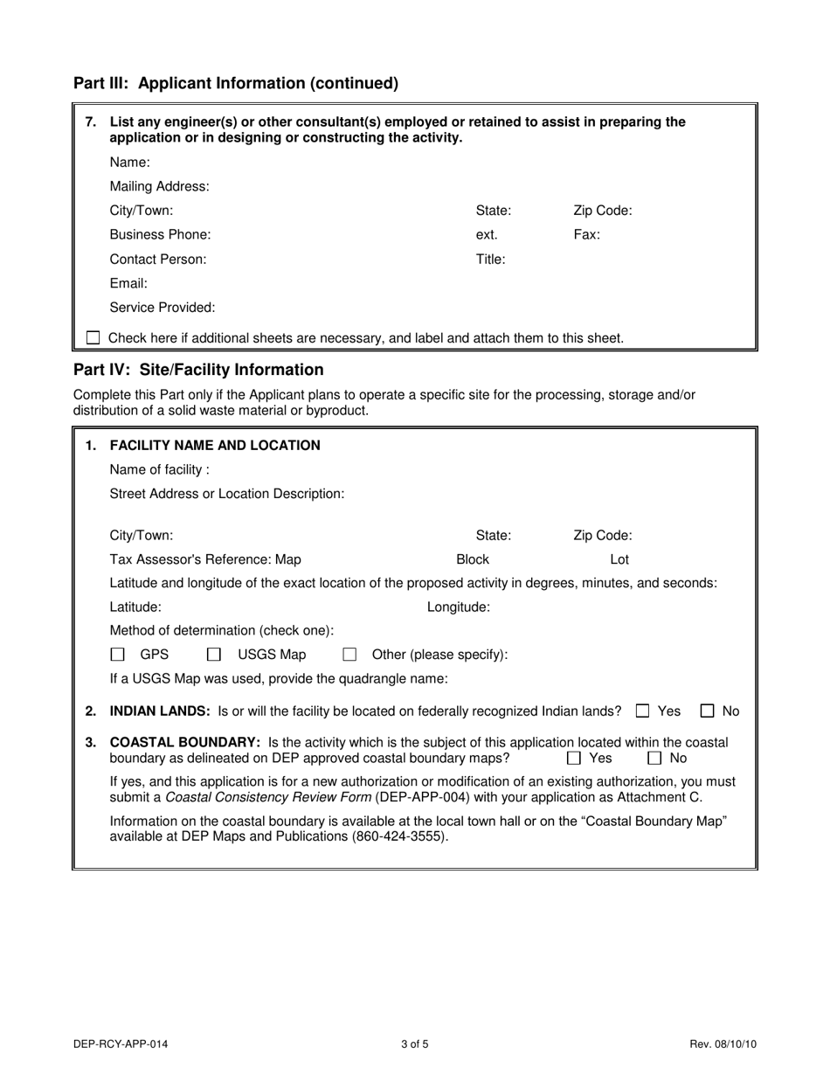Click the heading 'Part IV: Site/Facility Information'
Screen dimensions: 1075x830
[x=198, y=370]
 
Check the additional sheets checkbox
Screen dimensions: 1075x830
[x=93, y=337]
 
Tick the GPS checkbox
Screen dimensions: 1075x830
[x=118, y=655]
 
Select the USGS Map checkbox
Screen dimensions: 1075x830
[x=214, y=655]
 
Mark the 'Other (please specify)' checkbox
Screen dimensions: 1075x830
[x=349, y=655]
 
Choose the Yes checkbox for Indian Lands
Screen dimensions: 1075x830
[x=643, y=711]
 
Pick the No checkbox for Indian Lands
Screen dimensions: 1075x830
[x=708, y=711]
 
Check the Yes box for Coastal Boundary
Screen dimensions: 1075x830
[x=574, y=758]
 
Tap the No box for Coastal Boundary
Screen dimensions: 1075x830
[x=654, y=758]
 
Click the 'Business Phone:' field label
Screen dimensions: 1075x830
[x=160, y=235]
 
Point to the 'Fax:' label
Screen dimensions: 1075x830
[x=586, y=235]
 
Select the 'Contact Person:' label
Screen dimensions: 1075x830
[x=158, y=260]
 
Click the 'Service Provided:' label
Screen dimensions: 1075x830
[x=163, y=308]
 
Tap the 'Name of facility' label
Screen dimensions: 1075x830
[x=159, y=470]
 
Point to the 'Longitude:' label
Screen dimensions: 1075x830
[x=458, y=607]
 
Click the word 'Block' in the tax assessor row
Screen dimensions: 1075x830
[x=473, y=559]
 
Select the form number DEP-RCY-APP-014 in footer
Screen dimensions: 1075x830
[x=121, y=1044]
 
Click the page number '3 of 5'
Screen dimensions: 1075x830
[x=414, y=1044]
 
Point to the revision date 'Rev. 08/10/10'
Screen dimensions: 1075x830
[x=723, y=1044]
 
